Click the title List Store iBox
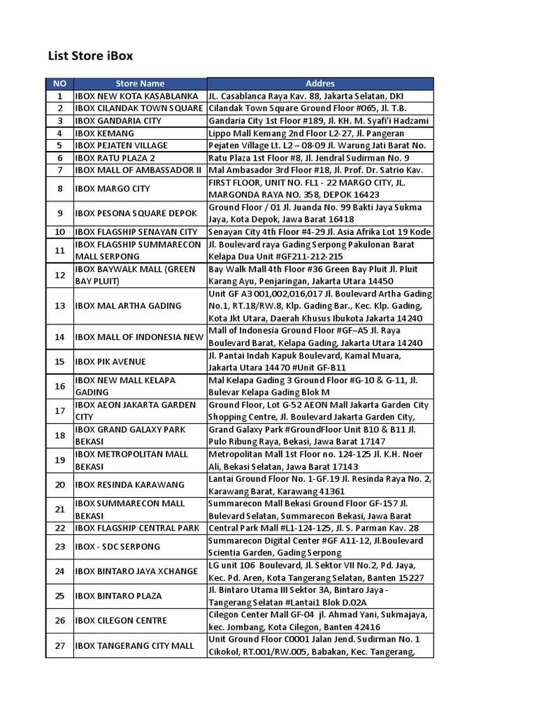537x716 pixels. click(89, 55)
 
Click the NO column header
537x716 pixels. click(59, 84)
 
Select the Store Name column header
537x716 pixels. click(140, 84)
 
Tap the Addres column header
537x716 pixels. click(320, 84)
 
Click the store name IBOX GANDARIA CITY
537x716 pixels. click(117, 121)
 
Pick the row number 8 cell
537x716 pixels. click(59, 189)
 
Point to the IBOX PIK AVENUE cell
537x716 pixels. click(110, 361)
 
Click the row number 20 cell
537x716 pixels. click(59, 485)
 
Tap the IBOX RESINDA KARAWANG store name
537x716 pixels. click(129, 485)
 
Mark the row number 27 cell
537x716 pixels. click(59, 645)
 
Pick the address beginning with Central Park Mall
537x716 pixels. click(313, 528)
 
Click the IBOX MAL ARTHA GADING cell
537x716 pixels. click(128, 306)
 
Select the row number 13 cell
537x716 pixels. click(59, 306)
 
